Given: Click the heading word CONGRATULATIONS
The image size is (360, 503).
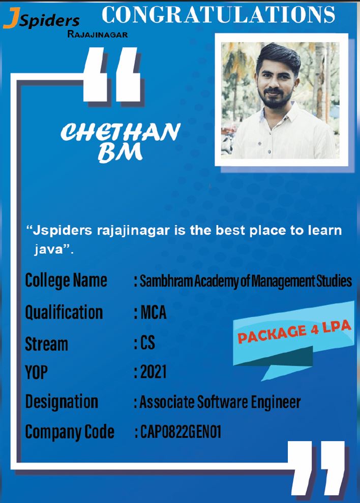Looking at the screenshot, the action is click(x=218, y=15).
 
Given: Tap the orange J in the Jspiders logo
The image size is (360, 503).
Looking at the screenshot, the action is click(x=11, y=19).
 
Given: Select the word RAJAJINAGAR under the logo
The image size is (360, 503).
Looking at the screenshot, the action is click(x=98, y=35).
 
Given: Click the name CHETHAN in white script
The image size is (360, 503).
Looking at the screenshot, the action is click(x=121, y=132).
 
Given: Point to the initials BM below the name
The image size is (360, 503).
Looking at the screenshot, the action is click(x=120, y=152).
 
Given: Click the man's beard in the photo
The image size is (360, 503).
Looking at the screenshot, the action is click(x=275, y=98).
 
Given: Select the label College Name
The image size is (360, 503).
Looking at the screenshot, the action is click(x=66, y=280).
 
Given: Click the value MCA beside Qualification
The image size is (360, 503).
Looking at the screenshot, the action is click(x=154, y=312).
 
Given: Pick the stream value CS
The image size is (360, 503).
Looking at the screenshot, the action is click(x=148, y=342).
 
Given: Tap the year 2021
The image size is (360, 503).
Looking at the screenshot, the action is click(x=154, y=372).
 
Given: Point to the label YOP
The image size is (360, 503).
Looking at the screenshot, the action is click(x=36, y=372).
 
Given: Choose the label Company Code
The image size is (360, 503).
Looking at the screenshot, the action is click(x=70, y=432).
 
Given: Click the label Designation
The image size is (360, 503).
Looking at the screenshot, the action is click(x=62, y=402).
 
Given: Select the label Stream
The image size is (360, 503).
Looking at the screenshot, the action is click(x=47, y=344).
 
